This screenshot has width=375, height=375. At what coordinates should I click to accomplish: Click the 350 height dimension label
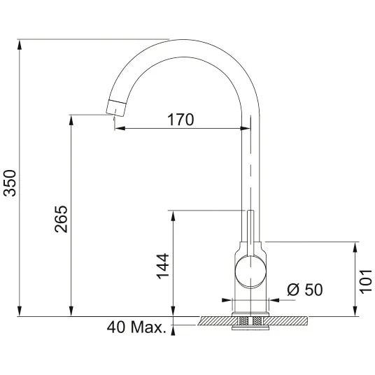pos(10,183)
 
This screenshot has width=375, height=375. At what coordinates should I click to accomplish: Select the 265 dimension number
pos(62,219)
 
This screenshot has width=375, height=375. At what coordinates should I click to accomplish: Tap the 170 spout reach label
pos(181,120)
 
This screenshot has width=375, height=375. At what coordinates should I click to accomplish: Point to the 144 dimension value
pos(162,266)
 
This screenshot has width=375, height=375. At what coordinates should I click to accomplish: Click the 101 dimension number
pos(366,281)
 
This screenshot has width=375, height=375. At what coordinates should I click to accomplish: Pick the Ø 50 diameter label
pos(305,290)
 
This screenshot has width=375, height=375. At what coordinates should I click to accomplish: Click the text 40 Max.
pos(136,327)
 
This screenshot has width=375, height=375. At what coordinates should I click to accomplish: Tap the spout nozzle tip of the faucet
pos(115,108)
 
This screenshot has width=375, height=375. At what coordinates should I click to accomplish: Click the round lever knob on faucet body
pos(250,271)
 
